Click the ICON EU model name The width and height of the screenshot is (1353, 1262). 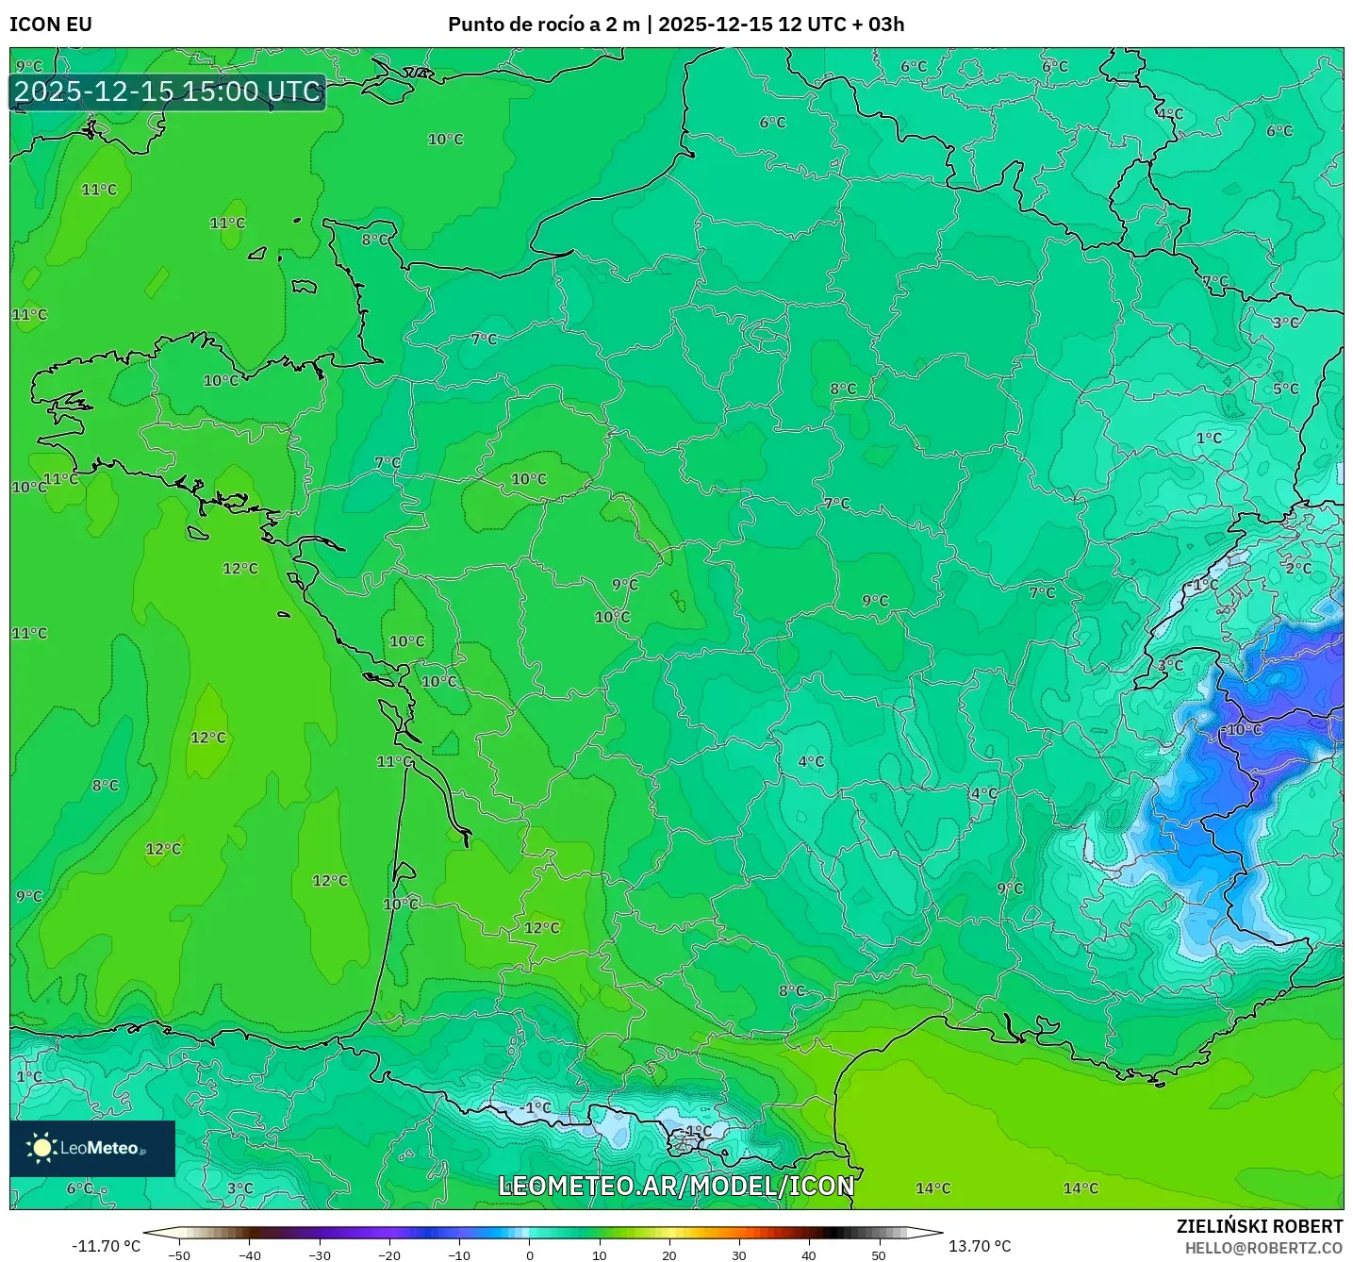pyautogui.click(x=51, y=25)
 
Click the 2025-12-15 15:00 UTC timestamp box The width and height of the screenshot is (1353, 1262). pyautogui.click(x=168, y=91)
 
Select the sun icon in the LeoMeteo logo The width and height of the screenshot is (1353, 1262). pyautogui.click(x=41, y=1147)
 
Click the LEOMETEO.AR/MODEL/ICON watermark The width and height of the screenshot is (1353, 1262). pyautogui.click(x=676, y=1186)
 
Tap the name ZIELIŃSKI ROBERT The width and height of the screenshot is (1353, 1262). pyautogui.click(x=1260, y=1226)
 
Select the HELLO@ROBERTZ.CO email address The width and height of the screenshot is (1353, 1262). pyautogui.click(x=1263, y=1248)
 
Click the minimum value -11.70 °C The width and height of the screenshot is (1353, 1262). pyautogui.click(x=106, y=1246)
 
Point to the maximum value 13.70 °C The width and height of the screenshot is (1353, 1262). pyautogui.click(x=980, y=1246)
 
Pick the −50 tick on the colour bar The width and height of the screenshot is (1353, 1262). pyautogui.click(x=179, y=1254)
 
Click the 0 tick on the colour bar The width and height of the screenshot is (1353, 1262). pyautogui.click(x=530, y=1254)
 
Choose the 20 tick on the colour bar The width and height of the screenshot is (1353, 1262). pyautogui.click(x=669, y=1254)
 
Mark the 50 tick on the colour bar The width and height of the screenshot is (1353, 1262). pyautogui.click(x=879, y=1254)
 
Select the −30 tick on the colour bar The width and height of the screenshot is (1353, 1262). pyautogui.click(x=320, y=1254)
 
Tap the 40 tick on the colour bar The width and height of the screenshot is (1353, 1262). pyautogui.click(x=809, y=1254)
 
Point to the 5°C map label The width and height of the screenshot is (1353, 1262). pyautogui.click(x=1285, y=389)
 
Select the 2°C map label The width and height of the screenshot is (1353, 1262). pyautogui.click(x=1298, y=568)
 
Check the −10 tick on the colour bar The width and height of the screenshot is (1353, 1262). pyautogui.click(x=459, y=1254)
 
